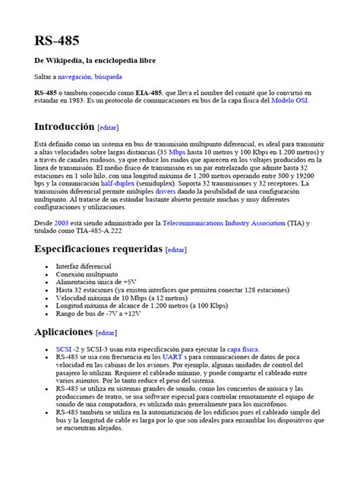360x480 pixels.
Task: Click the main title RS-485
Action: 55,39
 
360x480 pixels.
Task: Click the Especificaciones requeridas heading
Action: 98,249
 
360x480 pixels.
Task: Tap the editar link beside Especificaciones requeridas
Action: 175,250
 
